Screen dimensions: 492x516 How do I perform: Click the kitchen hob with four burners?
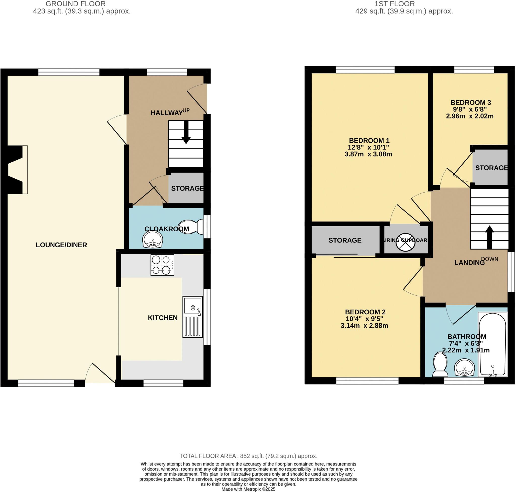click(162, 265)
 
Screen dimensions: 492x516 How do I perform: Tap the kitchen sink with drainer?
click(192, 317)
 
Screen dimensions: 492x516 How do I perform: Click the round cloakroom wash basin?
click(153, 239)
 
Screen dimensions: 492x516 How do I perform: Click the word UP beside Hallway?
click(186, 110)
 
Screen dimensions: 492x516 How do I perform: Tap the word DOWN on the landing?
click(490, 259)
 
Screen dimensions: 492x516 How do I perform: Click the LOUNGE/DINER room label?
click(61, 245)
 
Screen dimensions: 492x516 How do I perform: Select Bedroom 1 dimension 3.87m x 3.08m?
click(368, 154)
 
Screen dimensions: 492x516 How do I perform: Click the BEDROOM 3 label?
click(470, 103)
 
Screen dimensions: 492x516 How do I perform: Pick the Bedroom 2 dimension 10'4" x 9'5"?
click(364, 319)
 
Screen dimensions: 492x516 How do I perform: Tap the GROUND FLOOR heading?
click(76, 4)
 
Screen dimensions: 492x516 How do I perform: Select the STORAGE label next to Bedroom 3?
click(491, 168)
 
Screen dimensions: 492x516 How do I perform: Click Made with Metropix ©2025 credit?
click(248, 489)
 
